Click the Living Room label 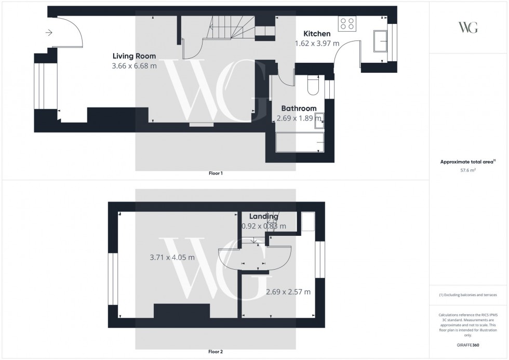click(x=134, y=56)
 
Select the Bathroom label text click(x=299, y=108)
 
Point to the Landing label click(x=263, y=216)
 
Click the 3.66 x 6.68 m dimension click(x=134, y=66)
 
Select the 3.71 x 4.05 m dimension click(x=172, y=257)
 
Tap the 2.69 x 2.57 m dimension click(x=288, y=292)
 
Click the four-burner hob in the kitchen click(x=347, y=23)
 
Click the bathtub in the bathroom click(x=299, y=142)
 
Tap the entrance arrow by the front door click(x=49, y=33)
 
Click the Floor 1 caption click(x=215, y=173)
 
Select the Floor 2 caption click(x=215, y=352)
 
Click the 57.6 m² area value click(x=468, y=169)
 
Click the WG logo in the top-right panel click(x=468, y=27)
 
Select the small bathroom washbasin click(x=319, y=121)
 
